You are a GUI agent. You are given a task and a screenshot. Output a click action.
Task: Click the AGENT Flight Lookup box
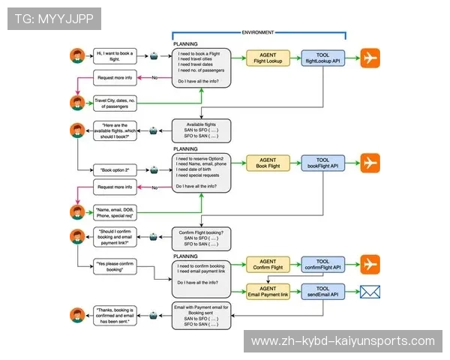tap(268, 58)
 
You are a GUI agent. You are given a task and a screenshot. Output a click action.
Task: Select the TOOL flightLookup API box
tap(324, 58)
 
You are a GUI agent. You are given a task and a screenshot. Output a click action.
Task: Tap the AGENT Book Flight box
tap(268, 163)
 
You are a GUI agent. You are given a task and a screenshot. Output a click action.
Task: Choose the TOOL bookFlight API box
tap(324, 163)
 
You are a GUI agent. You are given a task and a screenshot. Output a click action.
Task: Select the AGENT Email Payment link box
tap(268, 291)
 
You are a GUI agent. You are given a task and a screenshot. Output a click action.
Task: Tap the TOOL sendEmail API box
tap(324, 291)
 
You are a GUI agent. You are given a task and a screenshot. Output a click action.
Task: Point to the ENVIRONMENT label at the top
tap(258, 32)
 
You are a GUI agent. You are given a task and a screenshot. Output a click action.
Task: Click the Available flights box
tap(202, 130)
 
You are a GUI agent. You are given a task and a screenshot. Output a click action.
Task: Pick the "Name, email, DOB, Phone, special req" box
tap(117, 212)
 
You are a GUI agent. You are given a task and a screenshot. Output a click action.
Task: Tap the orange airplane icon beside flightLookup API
tap(371, 58)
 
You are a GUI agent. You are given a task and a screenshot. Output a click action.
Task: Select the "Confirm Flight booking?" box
tap(202, 238)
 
